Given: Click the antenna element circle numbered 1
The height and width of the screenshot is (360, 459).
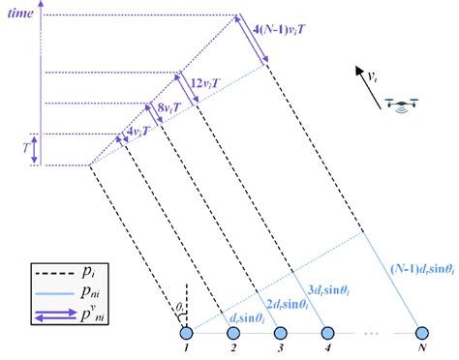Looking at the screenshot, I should tap(186, 333).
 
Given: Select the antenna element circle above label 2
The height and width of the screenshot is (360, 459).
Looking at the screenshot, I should tap(233, 333).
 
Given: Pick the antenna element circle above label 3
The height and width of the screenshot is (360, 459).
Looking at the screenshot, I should tap(281, 333).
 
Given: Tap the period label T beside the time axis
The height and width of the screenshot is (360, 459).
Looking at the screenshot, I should tap(23, 149).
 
